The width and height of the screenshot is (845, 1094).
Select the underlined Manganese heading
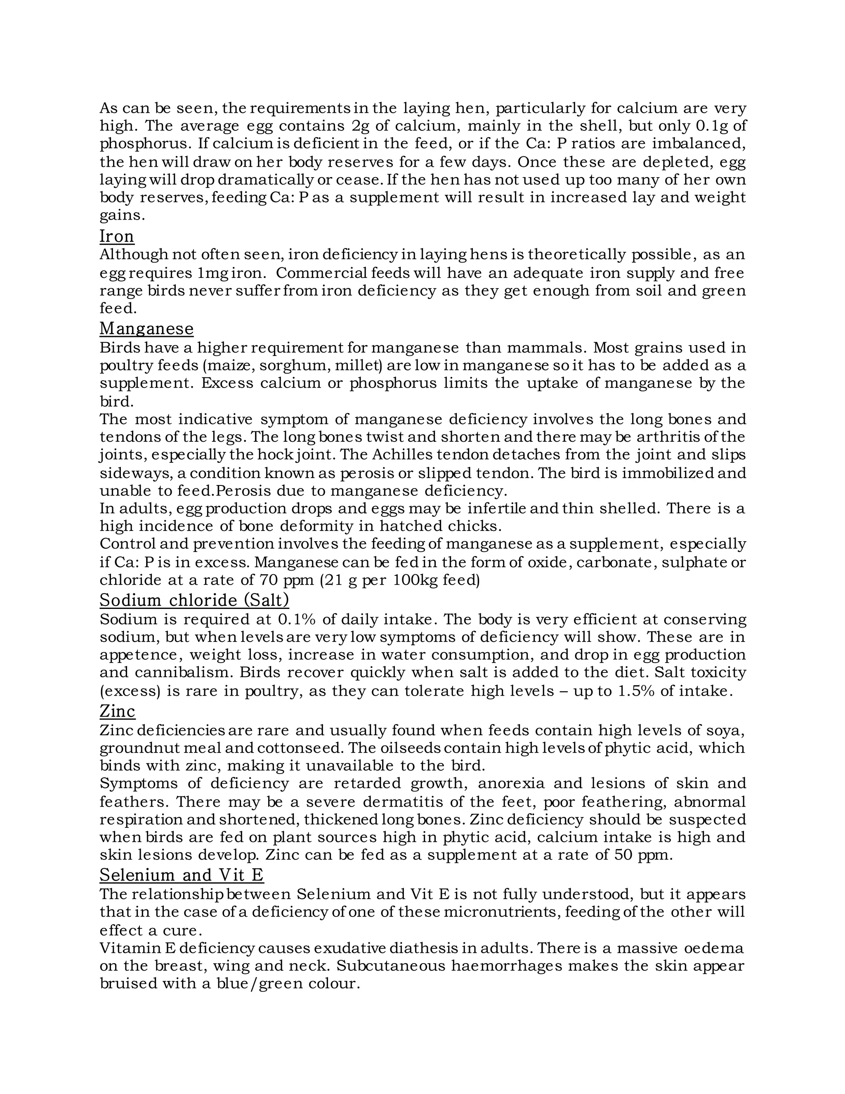pyautogui.click(x=146, y=329)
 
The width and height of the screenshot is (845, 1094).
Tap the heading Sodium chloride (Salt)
pyautogui.click(x=194, y=600)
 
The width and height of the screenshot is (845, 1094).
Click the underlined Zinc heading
pyautogui.click(x=117, y=711)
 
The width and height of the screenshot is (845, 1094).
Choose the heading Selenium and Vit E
pyautogui.click(x=181, y=875)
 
